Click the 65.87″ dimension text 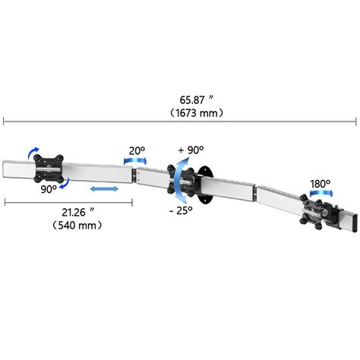197,99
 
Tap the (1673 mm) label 197,113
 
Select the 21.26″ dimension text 78,212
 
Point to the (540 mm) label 77,225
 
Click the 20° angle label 137,151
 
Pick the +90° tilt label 191,150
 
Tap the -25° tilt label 181,210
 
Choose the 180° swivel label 320,184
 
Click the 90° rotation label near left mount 49,189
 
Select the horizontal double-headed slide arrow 104,189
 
